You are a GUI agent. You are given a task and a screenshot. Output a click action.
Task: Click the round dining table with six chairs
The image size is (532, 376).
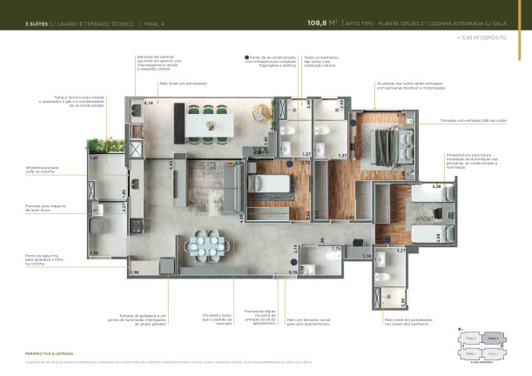click(209, 246)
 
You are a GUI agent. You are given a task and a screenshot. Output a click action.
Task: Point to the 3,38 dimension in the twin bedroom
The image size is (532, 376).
click(413, 186)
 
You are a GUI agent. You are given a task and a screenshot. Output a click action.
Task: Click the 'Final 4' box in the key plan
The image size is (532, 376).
click(492, 339)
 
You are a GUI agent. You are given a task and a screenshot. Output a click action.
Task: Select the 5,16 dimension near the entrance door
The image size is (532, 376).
click(293, 272)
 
